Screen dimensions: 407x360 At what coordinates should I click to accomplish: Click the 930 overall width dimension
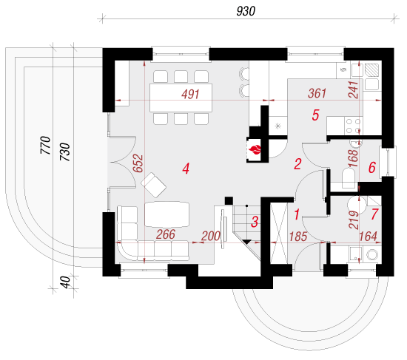[246, 11]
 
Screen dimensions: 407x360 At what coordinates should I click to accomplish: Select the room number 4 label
[186, 169]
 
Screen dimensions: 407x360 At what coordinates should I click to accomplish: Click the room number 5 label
[315, 115]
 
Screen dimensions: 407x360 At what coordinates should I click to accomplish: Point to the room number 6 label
[372, 167]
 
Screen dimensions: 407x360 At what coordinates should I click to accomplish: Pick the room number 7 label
[374, 214]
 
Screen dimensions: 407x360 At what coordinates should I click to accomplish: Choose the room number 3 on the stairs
[255, 222]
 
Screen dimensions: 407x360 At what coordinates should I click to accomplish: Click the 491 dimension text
[190, 94]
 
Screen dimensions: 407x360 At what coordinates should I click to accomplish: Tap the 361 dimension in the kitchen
[317, 93]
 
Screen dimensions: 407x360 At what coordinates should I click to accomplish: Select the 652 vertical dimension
[138, 163]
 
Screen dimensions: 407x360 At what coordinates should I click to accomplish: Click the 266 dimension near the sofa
[166, 234]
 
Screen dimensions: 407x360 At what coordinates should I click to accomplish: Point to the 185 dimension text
[298, 237]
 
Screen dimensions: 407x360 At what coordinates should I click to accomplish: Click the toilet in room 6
[349, 178]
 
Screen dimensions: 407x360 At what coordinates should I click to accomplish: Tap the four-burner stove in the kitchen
[354, 126]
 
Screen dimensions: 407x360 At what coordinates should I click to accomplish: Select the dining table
[181, 98]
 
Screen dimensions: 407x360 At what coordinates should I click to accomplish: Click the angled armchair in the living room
[153, 185]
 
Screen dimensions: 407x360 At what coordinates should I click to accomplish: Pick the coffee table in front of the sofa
[167, 214]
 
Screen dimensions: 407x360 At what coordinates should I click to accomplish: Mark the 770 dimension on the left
[45, 145]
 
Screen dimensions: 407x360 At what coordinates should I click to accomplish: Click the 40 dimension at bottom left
[65, 282]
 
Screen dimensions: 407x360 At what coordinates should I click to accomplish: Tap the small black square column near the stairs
[229, 201]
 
